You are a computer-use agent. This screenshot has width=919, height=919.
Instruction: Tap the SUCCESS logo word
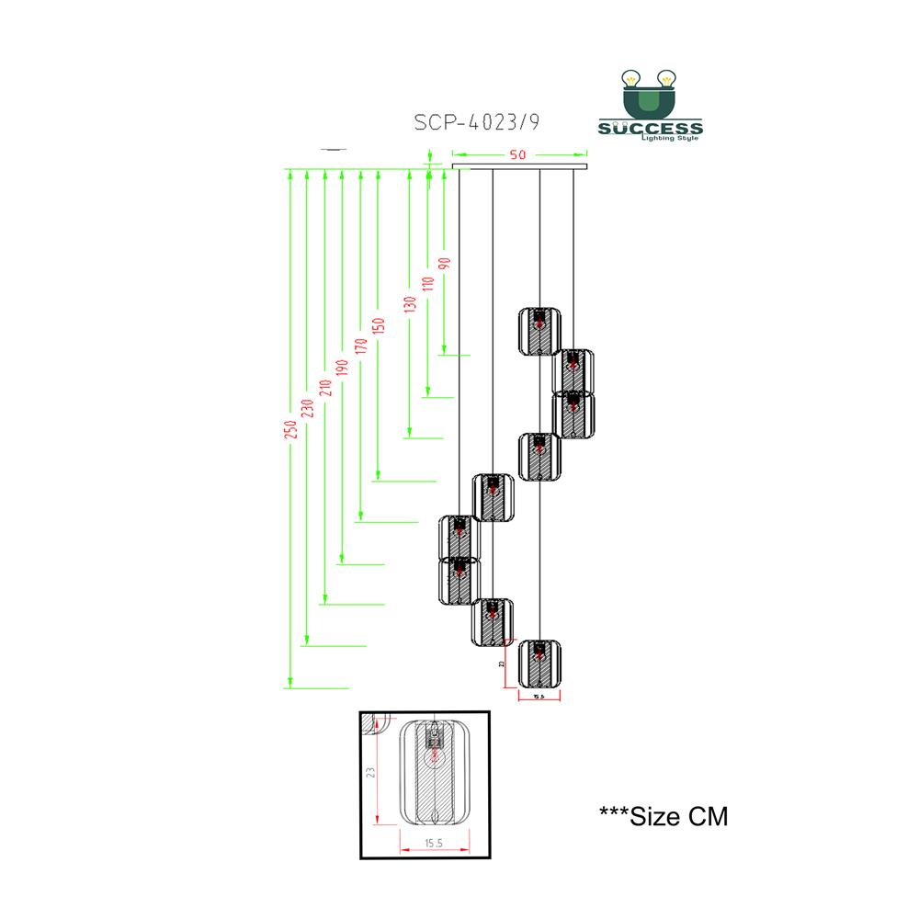(651, 128)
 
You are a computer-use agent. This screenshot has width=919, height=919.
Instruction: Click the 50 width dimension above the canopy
(518, 154)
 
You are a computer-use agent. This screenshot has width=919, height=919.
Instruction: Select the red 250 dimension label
(290, 428)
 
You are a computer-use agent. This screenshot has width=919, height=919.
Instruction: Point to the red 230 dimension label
(308, 406)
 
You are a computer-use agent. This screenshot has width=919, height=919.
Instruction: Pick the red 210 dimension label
(324, 386)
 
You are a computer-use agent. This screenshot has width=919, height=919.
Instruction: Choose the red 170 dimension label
(359, 346)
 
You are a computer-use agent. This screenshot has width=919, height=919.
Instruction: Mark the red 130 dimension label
(410, 304)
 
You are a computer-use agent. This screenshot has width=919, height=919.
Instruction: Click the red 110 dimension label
(427, 284)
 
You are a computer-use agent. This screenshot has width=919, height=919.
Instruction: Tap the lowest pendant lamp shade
(539, 664)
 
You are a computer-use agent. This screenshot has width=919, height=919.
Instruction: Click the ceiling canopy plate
(518, 166)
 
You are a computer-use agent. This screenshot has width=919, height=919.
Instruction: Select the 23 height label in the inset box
(370, 772)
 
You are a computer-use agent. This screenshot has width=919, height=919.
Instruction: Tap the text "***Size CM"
(663, 815)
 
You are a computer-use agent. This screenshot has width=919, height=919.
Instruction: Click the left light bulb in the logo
(631, 80)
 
